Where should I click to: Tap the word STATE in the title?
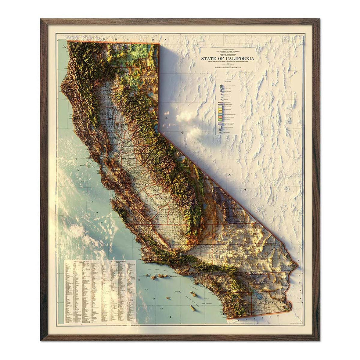pyautogui.click(x=208, y=58)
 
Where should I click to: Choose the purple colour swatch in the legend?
pyautogui.click(x=221, y=124)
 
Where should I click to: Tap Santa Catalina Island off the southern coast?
pyautogui.click(x=194, y=294)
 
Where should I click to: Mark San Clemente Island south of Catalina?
pyautogui.click(x=193, y=308)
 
